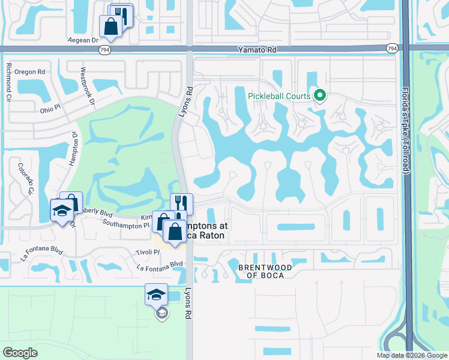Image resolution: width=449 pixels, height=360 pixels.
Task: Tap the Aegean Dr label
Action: (83, 40)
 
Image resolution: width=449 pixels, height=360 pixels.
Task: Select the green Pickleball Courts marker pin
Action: (320, 95)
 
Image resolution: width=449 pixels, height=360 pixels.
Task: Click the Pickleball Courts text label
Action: (280, 96)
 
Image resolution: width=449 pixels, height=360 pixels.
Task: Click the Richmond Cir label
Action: (9, 82)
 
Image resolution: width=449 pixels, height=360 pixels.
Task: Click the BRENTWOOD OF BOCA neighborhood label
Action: (265, 271)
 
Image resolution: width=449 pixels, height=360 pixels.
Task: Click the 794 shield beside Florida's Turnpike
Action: (392, 49)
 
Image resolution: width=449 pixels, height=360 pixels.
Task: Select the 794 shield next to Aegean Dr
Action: (105, 49)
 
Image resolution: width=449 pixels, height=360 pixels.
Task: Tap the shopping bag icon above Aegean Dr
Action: (110, 26)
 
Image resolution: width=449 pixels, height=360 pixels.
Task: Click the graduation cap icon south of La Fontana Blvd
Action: (155, 294)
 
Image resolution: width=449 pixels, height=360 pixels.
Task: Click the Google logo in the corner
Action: (20, 352)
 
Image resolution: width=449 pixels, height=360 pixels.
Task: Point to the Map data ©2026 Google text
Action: (411, 355)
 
